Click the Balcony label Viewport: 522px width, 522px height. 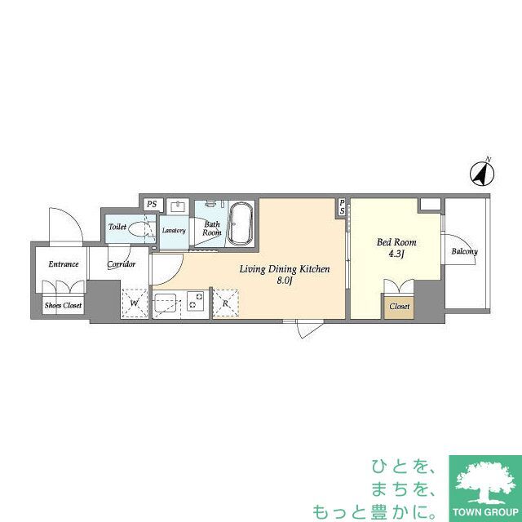pos(464,251)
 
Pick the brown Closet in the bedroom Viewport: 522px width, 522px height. pos(399,307)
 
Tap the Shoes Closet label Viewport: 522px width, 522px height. pos(63,306)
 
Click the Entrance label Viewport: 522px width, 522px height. pos(63,263)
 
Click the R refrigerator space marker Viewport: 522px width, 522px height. pos(225,304)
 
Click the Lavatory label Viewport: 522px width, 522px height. pos(174,231)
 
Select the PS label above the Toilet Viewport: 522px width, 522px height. pos(151,204)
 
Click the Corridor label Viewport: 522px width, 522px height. pos(120,264)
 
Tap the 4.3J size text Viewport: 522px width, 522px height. pos(397,255)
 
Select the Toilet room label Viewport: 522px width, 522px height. pos(117,228)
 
